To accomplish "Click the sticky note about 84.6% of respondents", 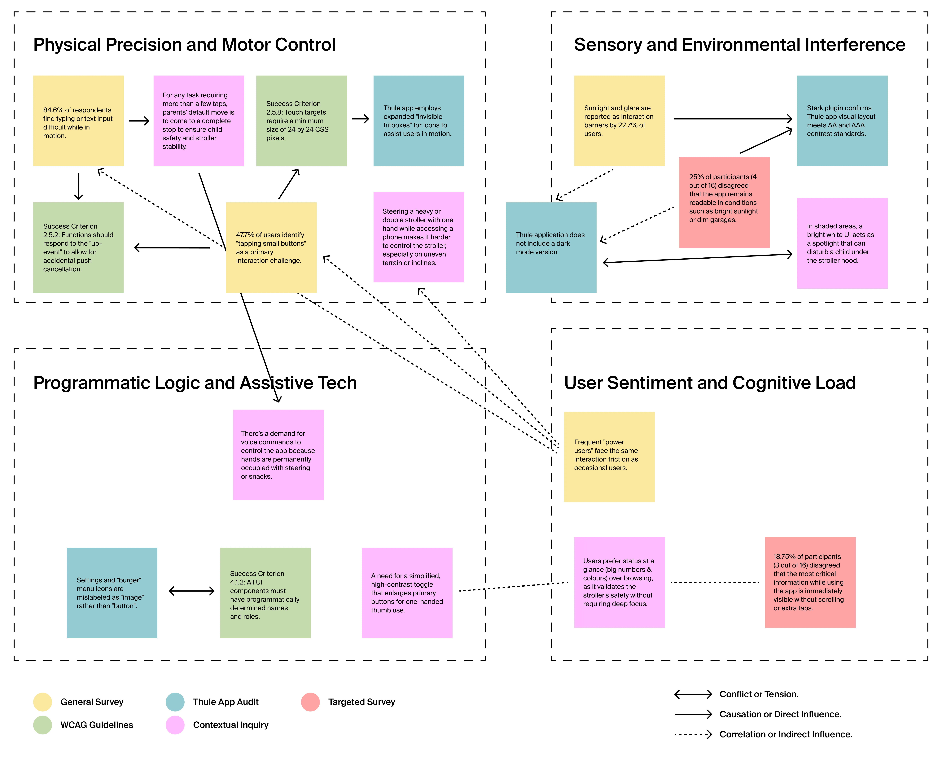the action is [79, 121].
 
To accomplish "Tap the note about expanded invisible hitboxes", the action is [419, 121].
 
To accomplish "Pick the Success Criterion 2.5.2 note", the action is [79, 247].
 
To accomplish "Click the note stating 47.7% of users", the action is [271, 247].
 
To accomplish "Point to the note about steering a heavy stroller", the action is [419, 237].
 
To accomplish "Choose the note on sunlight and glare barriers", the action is [620, 121].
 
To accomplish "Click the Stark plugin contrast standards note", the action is [842, 121].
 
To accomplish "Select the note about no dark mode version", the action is [551, 247].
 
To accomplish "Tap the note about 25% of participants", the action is [725, 203].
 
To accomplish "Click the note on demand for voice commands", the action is [278, 455].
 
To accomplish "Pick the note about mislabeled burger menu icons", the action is [112, 593].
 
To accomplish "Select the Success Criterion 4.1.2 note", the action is [265, 593].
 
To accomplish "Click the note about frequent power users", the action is [609, 457].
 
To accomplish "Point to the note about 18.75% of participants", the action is [811, 582].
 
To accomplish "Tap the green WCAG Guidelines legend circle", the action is [43, 725].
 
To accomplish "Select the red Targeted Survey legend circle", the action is [311, 702].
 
